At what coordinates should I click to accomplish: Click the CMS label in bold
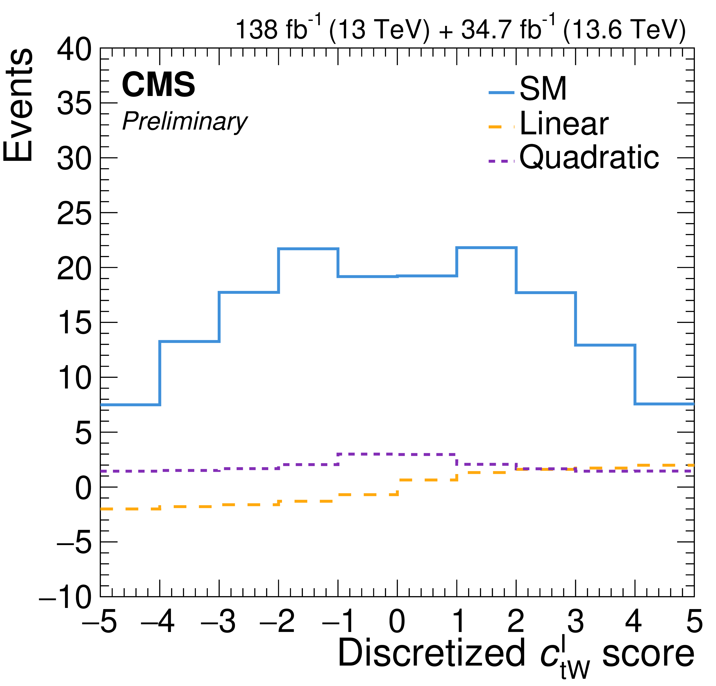[159, 85]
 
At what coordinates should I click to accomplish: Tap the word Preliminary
[185, 121]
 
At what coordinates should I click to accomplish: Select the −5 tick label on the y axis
[74, 543]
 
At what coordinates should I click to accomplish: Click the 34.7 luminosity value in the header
[489, 29]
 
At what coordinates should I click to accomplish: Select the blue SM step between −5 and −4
[130, 405]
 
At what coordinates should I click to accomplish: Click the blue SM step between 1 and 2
[486, 248]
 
